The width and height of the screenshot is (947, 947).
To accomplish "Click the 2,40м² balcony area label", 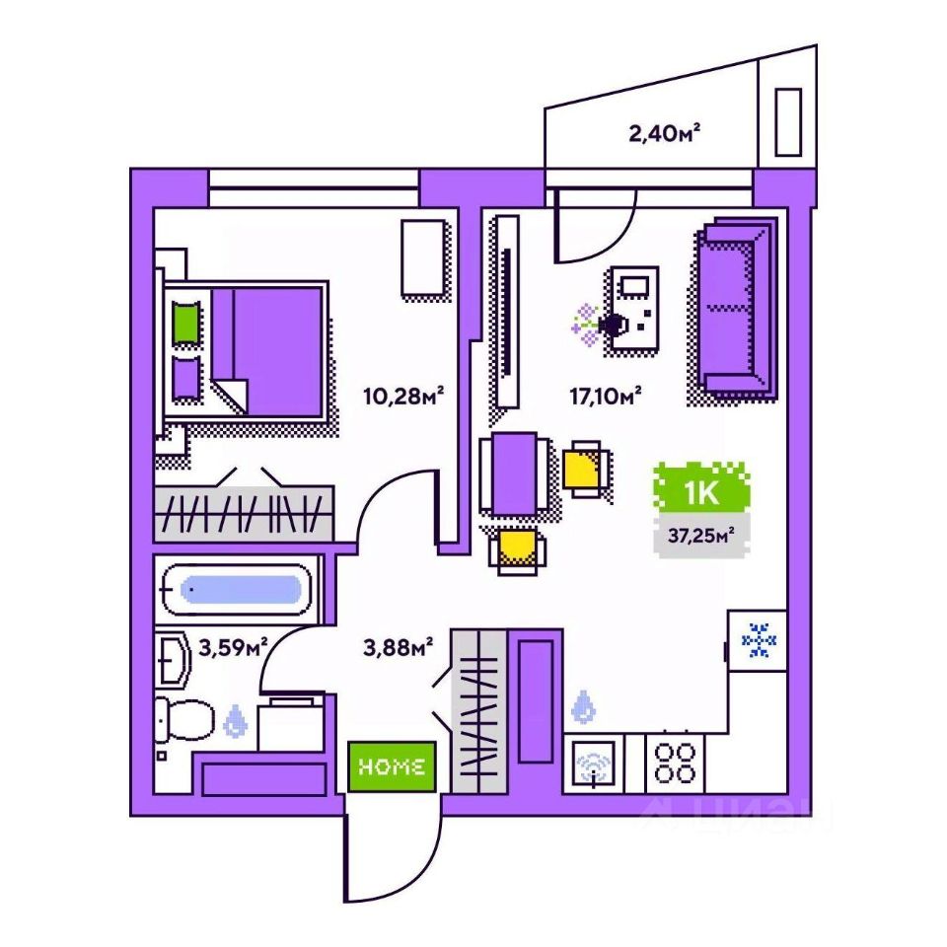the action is click(671, 132).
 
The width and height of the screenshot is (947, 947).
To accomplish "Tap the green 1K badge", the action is click(700, 490).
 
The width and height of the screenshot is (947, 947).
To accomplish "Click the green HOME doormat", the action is click(392, 765).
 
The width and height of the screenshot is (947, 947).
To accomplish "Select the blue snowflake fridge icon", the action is click(758, 640).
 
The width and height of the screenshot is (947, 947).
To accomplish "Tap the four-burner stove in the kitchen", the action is click(676, 763).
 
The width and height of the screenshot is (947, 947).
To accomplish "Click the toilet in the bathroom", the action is click(185, 719).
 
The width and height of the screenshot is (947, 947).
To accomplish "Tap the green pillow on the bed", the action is click(184, 324).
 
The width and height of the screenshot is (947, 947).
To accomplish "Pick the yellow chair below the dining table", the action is click(519, 550).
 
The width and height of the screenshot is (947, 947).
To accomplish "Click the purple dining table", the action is click(514, 473).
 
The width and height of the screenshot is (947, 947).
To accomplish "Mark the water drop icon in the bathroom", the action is click(235, 721).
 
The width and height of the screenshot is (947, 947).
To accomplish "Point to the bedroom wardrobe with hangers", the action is click(244, 512).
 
